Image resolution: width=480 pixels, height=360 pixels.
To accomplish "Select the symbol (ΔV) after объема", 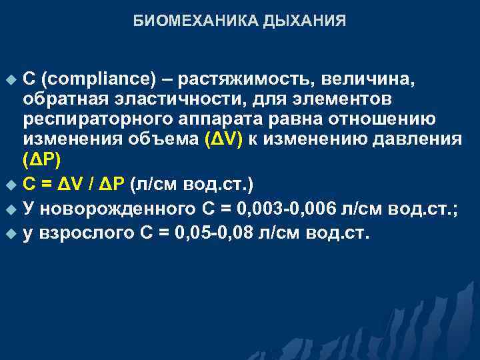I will (224, 140).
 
